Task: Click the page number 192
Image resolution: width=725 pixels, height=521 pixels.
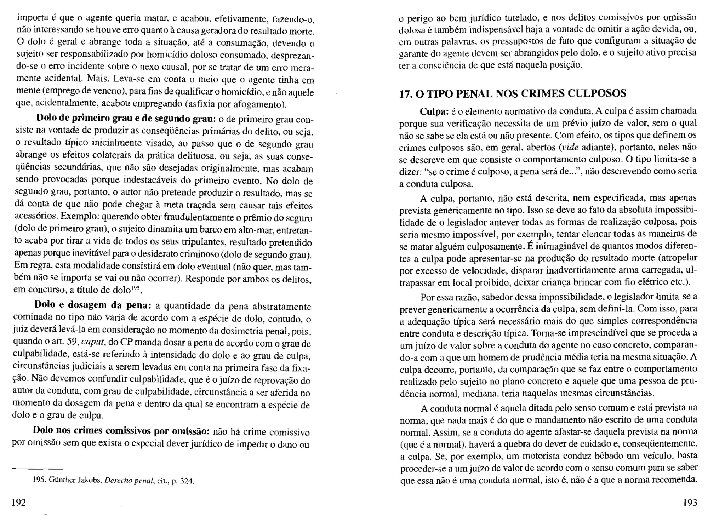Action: (19, 502)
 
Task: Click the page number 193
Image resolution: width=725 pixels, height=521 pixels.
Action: (690, 503)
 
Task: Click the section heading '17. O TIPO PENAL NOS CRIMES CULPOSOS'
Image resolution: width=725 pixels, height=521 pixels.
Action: (513, 93)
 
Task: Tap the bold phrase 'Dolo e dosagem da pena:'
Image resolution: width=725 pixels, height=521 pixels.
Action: (93, 305)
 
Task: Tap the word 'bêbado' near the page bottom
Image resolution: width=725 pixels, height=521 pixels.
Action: (608, 456)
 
